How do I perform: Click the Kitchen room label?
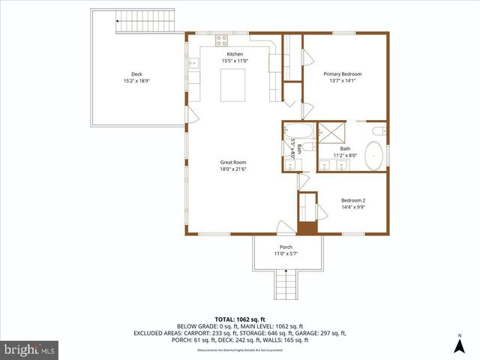pyautogui.click(x=235, y=55)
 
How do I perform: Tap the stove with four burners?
pyautogui.click(x=223, y=40)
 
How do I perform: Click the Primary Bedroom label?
pyautogui.click(x=343, y=73)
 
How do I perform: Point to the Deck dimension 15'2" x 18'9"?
pyautogui.click(x=136, y=81)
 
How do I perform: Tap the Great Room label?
pyautogui.click(x=232, y=162)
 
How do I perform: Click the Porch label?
pyautogui.click(x=286, y=247)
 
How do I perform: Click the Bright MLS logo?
pyautogui.click(x=30, y=349)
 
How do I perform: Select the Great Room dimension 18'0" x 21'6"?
pyautogui.click(x=232, y=169)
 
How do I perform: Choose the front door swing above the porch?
pyautogui.click(x=285, y=226)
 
